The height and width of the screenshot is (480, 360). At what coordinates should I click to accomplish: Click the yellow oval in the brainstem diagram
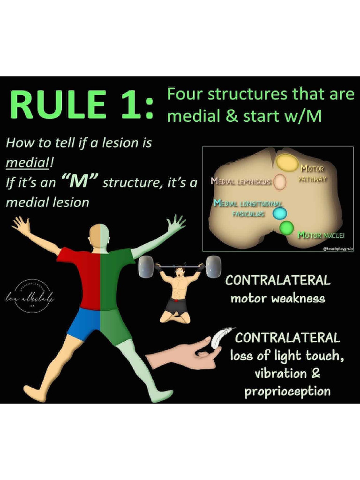tap(286, 162)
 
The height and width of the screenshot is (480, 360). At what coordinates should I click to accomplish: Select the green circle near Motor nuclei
tap(286, 229)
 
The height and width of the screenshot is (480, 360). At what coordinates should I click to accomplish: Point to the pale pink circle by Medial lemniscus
tap(280, 182)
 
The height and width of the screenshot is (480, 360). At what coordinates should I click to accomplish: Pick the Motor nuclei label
tap(322, 235)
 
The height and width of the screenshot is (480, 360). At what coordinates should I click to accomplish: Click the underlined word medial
tap(22, 163)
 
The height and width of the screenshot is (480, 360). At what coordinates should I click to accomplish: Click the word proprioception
tap(287, 391)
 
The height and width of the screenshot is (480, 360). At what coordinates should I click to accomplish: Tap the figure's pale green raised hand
tap(176, 224)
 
